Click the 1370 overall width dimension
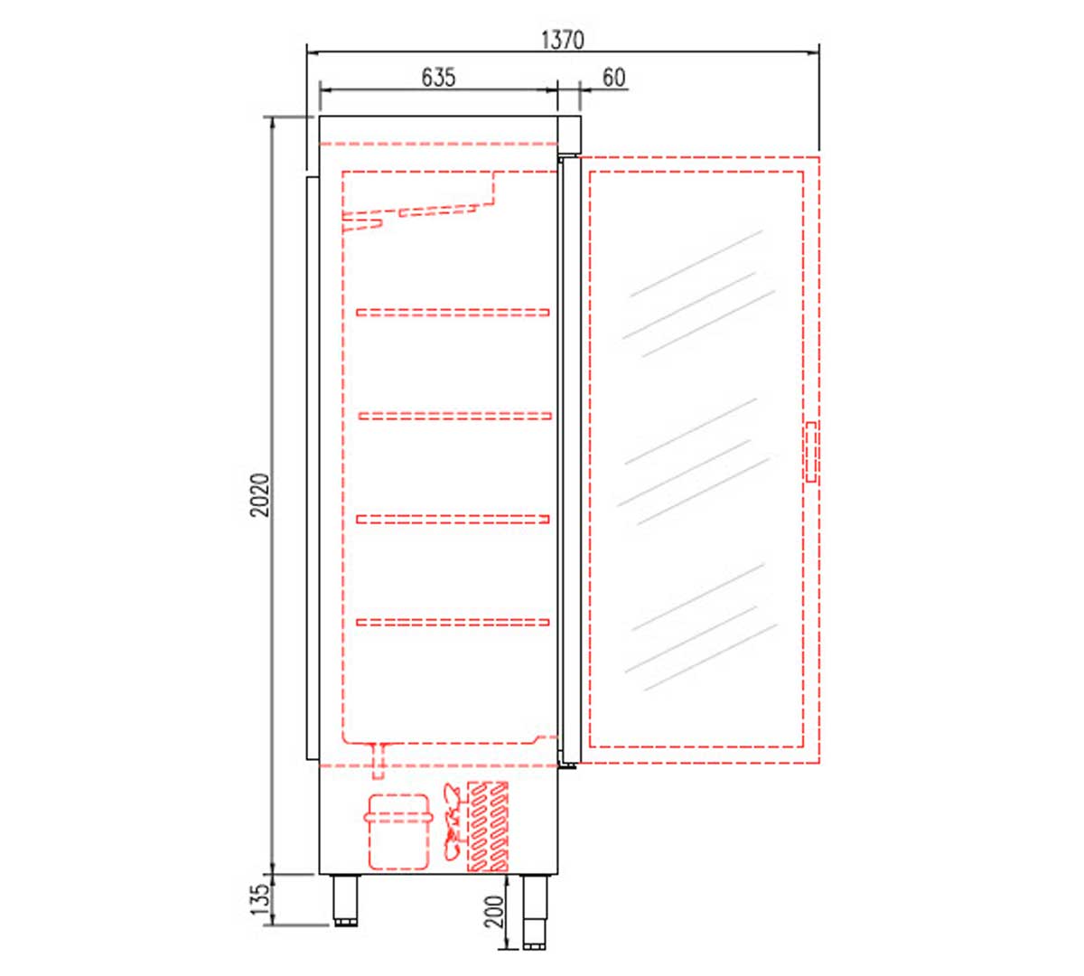[x=563, y=40]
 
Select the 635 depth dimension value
[x=438, y=78]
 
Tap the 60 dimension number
[x=612, y=78]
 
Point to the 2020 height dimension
[x=260, y=494]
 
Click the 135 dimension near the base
[x=260, y=900]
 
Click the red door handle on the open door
[x=811, y=452]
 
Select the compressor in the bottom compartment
[x=397, y=831]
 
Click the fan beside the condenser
[x=453, y=821]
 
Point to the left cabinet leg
[x=345, y=900]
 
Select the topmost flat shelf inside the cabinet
[x=453, y=313]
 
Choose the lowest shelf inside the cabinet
[x=453, y=622]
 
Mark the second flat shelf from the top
[x=454, y=416]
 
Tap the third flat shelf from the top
[x=453, y=519]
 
